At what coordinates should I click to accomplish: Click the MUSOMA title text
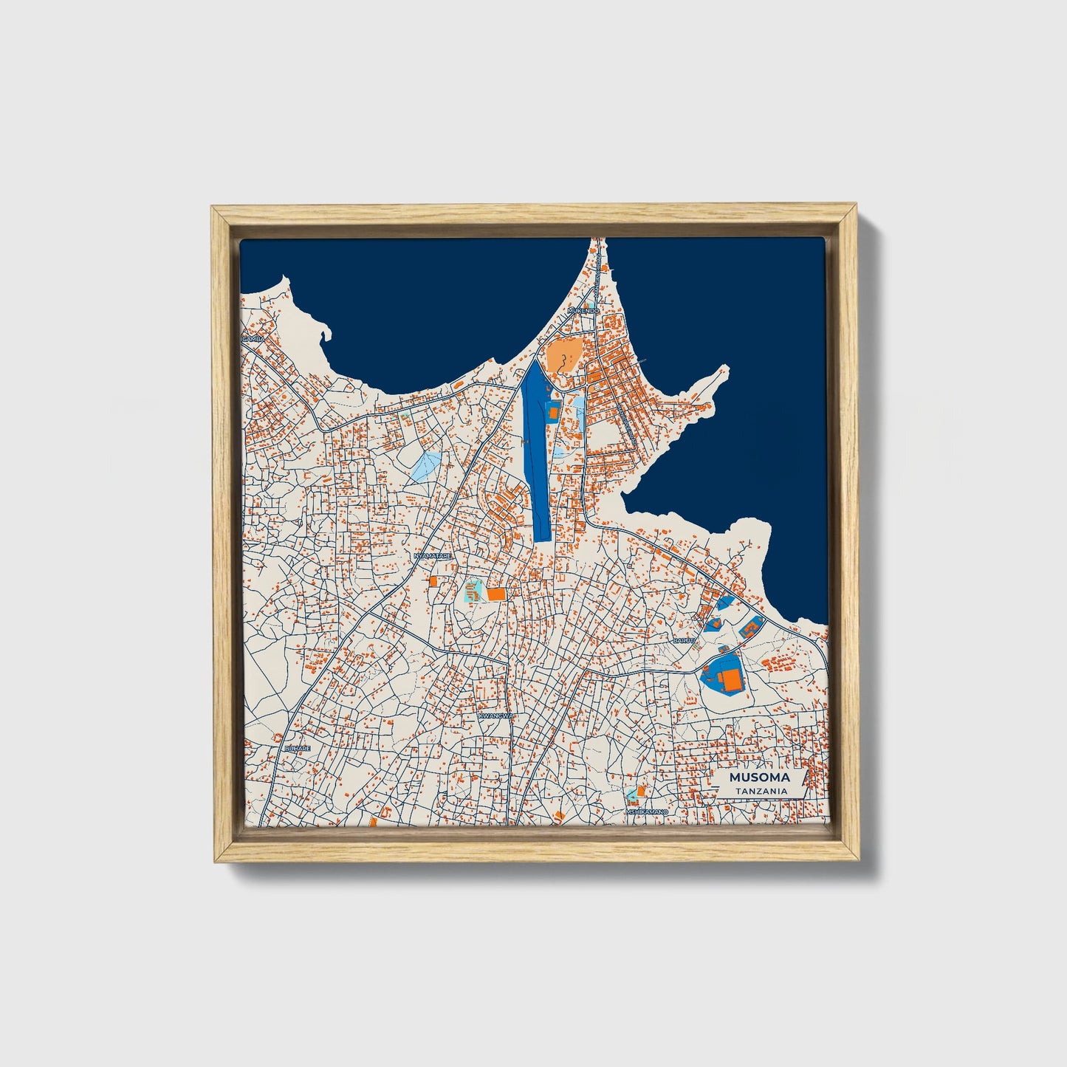[x=759, y=778]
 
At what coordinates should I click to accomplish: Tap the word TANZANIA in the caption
[x=760, y=791]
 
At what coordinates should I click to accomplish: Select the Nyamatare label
[x=433, y=555]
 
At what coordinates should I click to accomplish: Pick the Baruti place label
[x=684, y=641]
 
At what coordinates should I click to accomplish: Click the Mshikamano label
[x=647, y=812]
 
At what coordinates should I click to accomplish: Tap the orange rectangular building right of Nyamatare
[x=496, y=594]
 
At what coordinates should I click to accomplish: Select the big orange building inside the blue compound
[x=732, y=679]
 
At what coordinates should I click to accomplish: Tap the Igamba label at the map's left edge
[x=253, y=338]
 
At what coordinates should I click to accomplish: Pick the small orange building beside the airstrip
[x=552, y=411]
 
